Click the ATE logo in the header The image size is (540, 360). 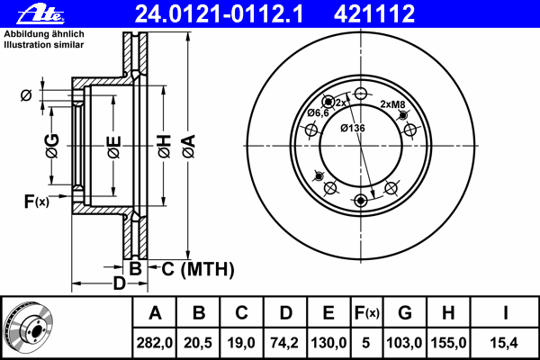coord(40,14)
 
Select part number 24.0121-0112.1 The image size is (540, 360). coord(219,13)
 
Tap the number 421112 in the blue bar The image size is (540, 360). coord(374,13)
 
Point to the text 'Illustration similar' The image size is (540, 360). coord(44,45)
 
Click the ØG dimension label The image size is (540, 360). coord(52,146)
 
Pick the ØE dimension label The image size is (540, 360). coord(114,147)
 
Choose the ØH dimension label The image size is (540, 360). coord(165,146)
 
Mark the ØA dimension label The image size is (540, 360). coord(189,146)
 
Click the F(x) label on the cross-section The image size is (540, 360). coord(37,202)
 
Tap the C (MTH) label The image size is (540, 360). coord(198,269)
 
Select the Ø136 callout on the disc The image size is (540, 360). coord(352,128)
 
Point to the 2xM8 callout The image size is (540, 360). coord(392,104)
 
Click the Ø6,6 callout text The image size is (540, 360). coord(318,112)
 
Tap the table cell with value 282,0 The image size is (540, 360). coord(154,343)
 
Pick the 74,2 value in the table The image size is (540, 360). coord(284,343)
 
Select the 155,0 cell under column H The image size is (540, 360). coord(448,343)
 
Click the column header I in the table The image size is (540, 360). coord(505,313)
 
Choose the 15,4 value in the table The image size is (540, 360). coord(504,343)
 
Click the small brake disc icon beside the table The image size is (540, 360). coord(28,327)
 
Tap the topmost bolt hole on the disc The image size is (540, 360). coord(361,93)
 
